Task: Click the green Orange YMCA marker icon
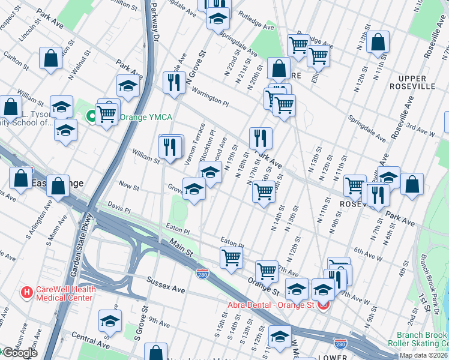pos(92,116)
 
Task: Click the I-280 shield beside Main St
pos(202,274)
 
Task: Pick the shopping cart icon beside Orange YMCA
pos(107,113)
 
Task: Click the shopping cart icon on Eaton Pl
pos(231,258)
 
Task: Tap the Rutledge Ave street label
pos(256,22)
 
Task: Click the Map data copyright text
pos(423,355)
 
